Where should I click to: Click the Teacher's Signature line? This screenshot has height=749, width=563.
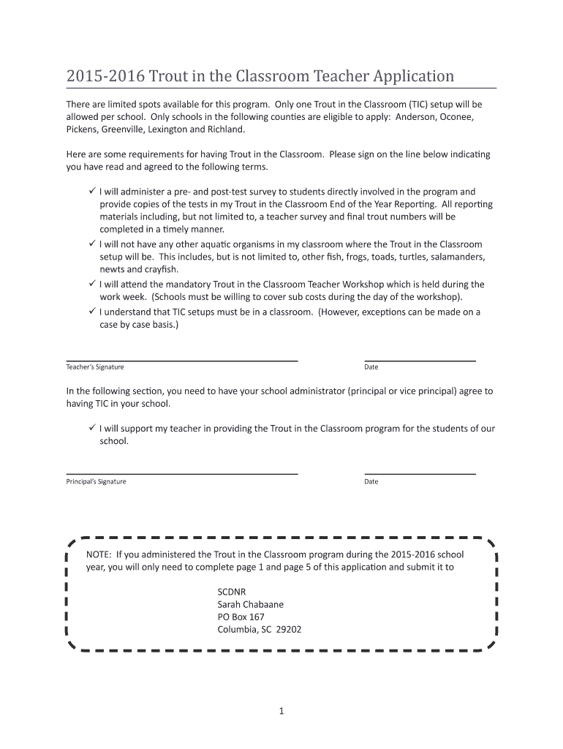click(182, 360)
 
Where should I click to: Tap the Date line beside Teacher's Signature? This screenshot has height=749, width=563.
click(420, 360)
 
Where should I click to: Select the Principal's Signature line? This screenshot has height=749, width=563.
click(182, 474)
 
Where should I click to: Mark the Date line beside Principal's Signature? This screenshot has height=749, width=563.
click(420, 474)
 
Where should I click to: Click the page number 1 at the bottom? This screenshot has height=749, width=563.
click(281, 710)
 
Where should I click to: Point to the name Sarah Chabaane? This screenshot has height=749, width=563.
click(250, 604)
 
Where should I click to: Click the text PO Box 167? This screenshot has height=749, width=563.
click(241, 617)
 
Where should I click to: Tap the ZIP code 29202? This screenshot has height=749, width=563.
click(289, 629)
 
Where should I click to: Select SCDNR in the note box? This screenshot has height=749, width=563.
click(233, 591)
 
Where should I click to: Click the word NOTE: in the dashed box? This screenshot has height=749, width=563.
click(99, 554)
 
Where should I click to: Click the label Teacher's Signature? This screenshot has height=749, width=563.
click(95, 367)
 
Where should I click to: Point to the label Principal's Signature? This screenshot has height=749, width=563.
click(97, 481)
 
